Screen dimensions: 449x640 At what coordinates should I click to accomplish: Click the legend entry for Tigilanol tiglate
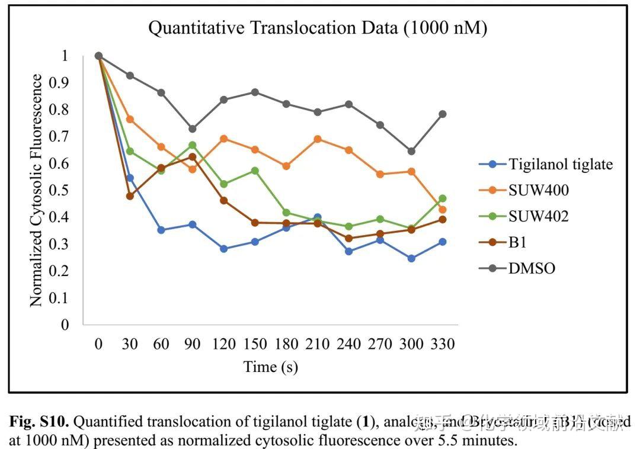click(559, 164)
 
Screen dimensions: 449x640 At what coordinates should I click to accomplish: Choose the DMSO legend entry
click(531, 268)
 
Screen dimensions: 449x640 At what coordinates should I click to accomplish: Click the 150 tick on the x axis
click(255, 344)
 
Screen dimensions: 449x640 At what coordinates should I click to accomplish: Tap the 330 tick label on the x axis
click(443, 344)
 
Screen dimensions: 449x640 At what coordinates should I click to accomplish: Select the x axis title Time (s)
click(270, 367)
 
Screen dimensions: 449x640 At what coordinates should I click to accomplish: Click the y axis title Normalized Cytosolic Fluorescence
click(37, 190)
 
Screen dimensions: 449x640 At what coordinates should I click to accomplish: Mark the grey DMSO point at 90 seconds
click(193, 129)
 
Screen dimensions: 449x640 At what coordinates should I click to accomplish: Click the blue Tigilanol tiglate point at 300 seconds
click(411, 258)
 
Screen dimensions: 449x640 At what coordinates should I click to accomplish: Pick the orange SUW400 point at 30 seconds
click(130, 119)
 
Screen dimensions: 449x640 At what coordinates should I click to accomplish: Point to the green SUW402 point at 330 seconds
click(443, 198)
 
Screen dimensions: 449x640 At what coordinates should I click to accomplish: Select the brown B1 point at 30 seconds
click(130, 195)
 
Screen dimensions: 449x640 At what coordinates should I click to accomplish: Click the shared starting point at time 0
click(99, 56)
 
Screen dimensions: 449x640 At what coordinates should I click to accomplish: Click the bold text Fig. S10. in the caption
click(39, 422)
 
